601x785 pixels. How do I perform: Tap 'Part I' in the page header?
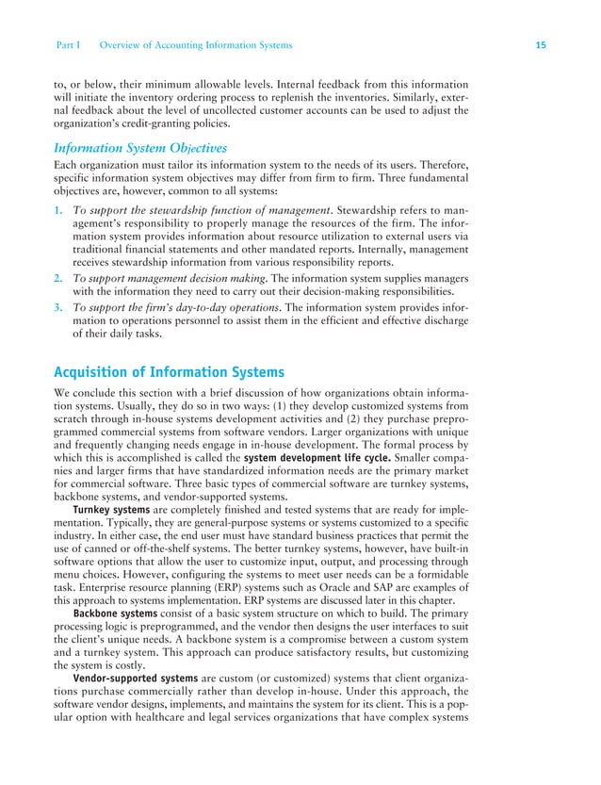[72, 45]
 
